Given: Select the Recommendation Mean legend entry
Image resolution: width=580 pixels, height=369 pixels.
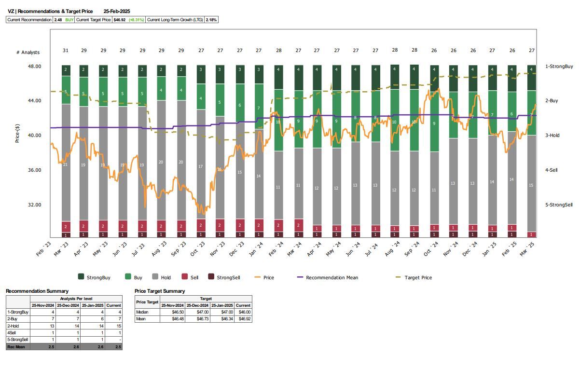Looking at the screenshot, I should [x=331, y=277].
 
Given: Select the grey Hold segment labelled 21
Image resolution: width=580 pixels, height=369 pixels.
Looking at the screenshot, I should [x=65, y=165].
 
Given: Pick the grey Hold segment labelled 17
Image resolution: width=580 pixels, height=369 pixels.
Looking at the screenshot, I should [x=201, y=166].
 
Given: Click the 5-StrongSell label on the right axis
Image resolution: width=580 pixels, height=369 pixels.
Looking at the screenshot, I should [x=559, y=205].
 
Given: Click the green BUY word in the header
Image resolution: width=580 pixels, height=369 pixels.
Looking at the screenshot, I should [x=69, y=20].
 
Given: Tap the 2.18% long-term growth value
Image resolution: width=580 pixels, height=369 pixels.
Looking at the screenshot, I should [x=211, y=20].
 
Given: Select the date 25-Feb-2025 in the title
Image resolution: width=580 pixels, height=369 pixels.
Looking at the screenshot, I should [x=117, y=11].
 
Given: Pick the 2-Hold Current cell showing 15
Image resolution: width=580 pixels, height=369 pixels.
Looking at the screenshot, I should [x=114, y=326].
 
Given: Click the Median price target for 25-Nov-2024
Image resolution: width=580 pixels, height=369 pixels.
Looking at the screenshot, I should [x=172, y=312].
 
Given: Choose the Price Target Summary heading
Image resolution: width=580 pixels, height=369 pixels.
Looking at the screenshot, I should [x=160, y=291].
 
